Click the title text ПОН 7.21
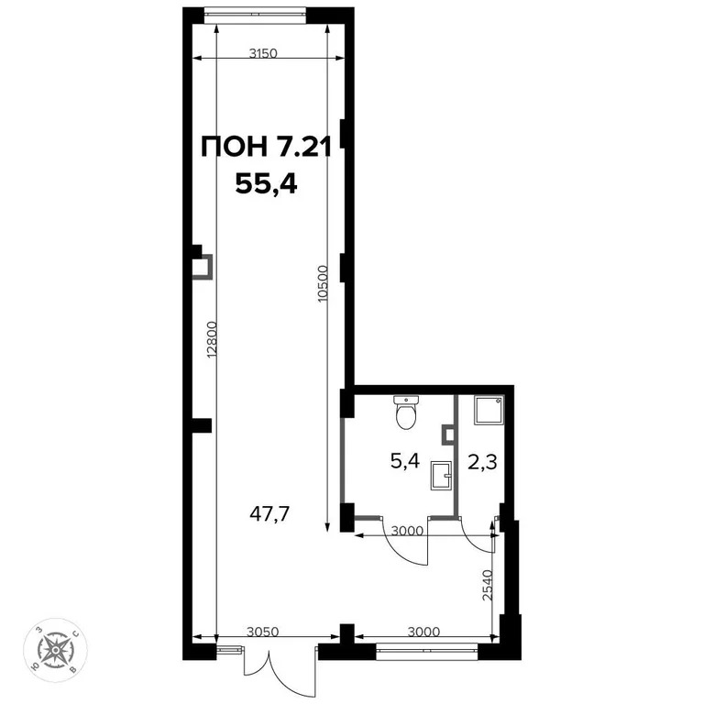tap(265, 147)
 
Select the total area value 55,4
tap(267, 183)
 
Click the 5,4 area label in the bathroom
tap(404, 460)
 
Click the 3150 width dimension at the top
tap(263, 53)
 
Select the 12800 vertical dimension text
tap(211, 344)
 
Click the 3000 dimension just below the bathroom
tap(407, 530)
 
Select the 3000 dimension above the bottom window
tap(423, 631)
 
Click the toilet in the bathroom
tap(405, 413)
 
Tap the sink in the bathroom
tap(441, 473)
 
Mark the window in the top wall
tap(255, 13)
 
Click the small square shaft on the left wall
tap(201, 267)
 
